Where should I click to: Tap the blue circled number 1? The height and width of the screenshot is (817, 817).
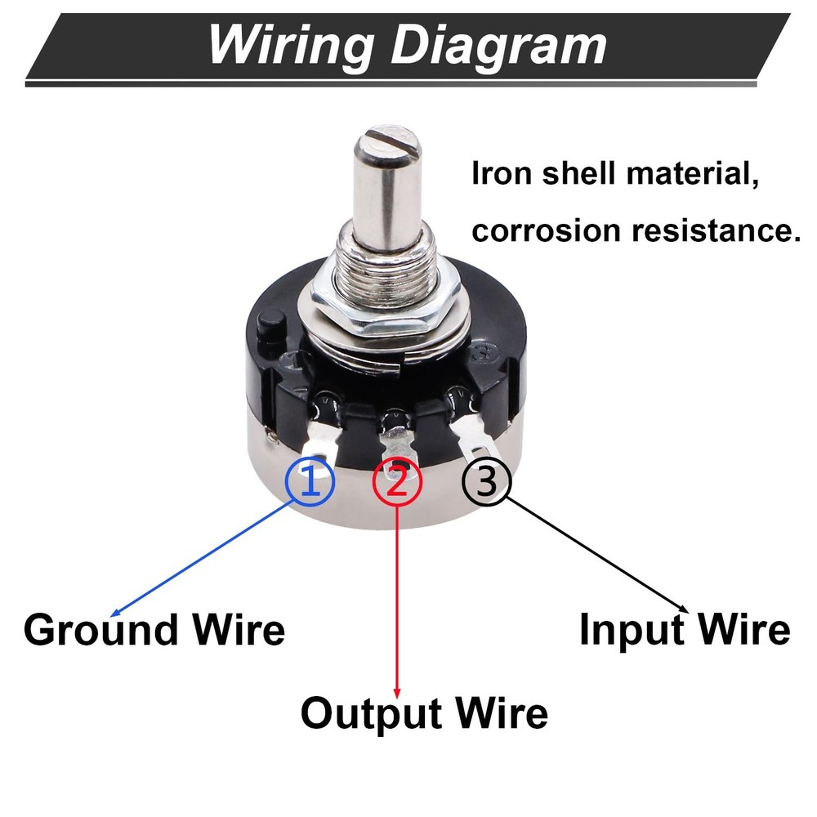tap(310, 482)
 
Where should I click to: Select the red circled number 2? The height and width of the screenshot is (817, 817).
tap(397, 482)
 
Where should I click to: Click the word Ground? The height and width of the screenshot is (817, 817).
tap(100, 630)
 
